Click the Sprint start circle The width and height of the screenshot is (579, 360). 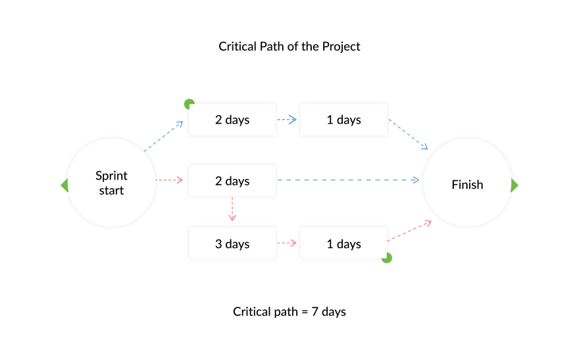111,183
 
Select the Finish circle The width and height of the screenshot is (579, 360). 467,183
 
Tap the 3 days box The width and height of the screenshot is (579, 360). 232,243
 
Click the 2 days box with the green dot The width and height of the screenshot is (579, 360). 232,119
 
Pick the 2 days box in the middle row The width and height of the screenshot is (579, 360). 232,180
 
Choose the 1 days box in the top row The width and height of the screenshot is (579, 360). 343,119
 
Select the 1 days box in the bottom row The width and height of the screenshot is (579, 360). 343,243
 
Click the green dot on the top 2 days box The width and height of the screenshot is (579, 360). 188,103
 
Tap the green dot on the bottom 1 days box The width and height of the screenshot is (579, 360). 388,259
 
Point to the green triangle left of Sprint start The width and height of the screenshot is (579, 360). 65,185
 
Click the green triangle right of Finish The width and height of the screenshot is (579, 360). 515,185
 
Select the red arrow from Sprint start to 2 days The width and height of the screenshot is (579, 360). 169,180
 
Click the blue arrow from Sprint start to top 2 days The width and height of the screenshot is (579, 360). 164,136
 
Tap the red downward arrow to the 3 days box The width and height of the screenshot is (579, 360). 232,209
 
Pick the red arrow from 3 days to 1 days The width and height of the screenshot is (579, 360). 287,243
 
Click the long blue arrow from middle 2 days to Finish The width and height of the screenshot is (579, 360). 348,180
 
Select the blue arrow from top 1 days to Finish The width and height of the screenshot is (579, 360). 408,134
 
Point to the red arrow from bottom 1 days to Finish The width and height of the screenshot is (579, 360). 409,231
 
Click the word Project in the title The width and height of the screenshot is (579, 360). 341,47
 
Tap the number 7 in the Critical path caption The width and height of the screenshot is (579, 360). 315,312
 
